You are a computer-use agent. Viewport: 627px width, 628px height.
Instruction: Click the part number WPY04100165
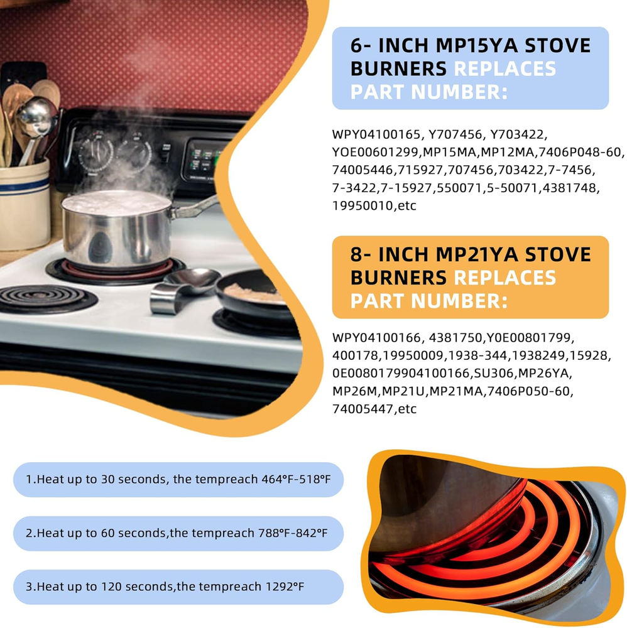(x=376, y=134)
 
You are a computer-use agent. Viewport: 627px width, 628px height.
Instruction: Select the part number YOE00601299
(x=376, y=152)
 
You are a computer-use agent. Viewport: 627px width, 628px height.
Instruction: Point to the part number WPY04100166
(x=376, y=338)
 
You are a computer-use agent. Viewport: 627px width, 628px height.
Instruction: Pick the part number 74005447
(x=363, y=409)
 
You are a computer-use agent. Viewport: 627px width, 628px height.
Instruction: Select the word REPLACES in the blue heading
(x=505, y=68)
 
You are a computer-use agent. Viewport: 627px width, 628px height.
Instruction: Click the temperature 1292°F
(x=285, y=587)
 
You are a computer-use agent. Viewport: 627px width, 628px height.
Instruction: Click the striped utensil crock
(x=25, y=204)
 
